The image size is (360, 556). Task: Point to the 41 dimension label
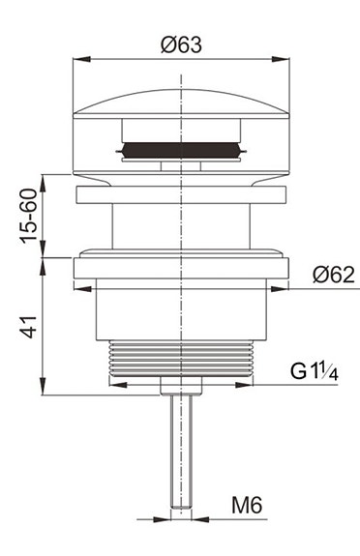[x=31, y=326]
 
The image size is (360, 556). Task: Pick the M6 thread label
[x=249, y=505]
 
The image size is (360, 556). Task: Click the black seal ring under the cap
[x=182, y=151]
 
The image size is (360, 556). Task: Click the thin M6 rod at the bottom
[x=182, y=445]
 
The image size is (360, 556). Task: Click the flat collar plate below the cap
[x=182, y=194]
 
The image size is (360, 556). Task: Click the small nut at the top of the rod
[x=182, y=387]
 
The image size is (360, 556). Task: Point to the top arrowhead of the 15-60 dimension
[x=42, y=180]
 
